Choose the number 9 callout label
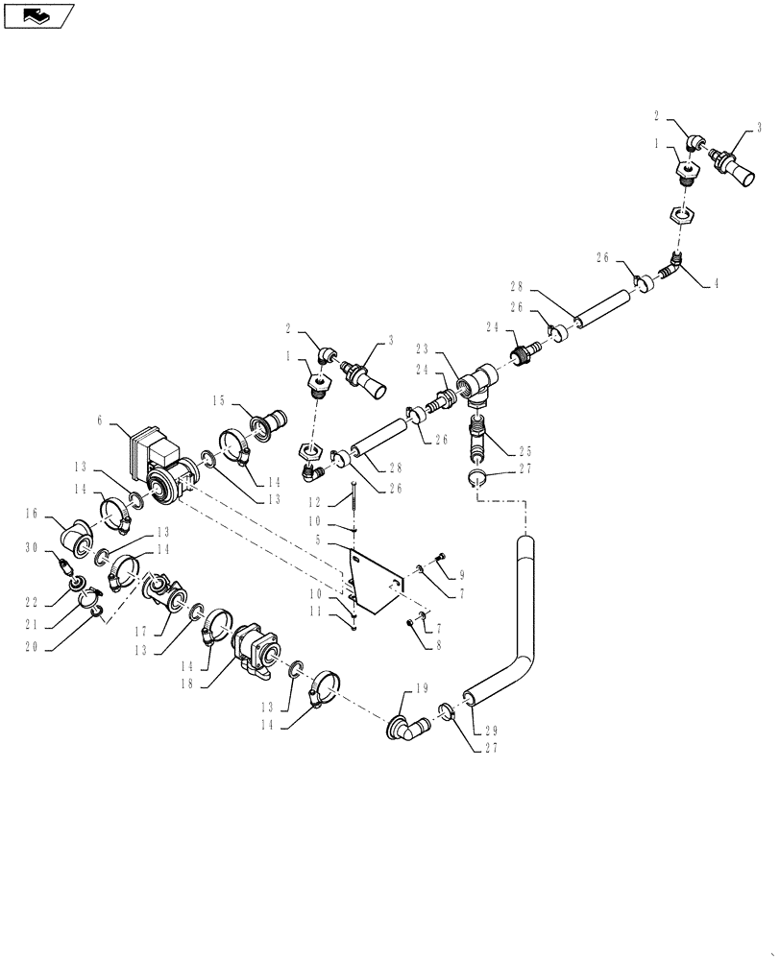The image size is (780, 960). [461, 574]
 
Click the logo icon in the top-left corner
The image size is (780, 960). [37, 15]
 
